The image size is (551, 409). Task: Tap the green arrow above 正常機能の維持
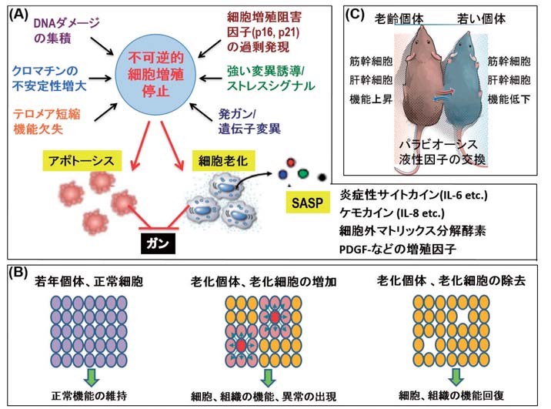(x=89, y=375)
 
